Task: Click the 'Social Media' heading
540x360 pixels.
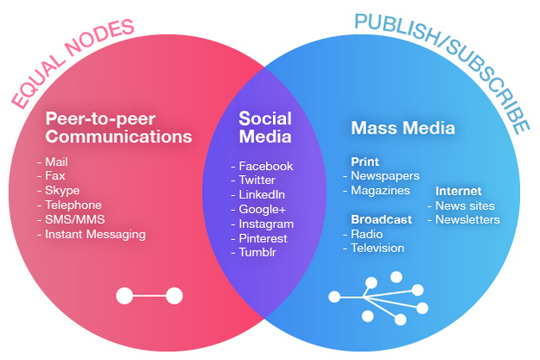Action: pyautogui.click(x=265, y=128)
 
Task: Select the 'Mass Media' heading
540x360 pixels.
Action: pyautogui.click(x=403, y=129)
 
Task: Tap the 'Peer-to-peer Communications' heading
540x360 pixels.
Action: pyautogui.click(x=118, y=128)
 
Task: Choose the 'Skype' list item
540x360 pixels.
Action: pyautogui.click(x=61, y=190)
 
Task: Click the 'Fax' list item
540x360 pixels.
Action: pyautogui.click(x=54, y=175)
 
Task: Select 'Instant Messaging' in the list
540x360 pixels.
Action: pyautogui.click(x=94, y=234)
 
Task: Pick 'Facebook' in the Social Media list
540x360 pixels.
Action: pyautogui.click(x=265, y=166)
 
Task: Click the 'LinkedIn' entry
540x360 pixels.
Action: pyautogui.click(x=264, y=194)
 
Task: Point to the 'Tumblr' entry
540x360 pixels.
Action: pyautogui.click(x=259, y=252)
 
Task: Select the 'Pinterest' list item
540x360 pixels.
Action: pyautogui.click(x=264, y=237)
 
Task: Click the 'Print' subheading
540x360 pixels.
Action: pyautogui.click(x=365, y=161)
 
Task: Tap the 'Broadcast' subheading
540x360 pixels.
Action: pyautogui.click(x=381, y=219)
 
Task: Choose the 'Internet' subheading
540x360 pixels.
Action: pyautogui.click(x=459, y=191)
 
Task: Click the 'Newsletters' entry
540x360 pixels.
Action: pyautogui.click(x=467, y=219)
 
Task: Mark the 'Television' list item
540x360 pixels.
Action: pyautogui.click(x=377, y=248)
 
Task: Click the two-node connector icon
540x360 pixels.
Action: pyautogui.click(x=149, y=296)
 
